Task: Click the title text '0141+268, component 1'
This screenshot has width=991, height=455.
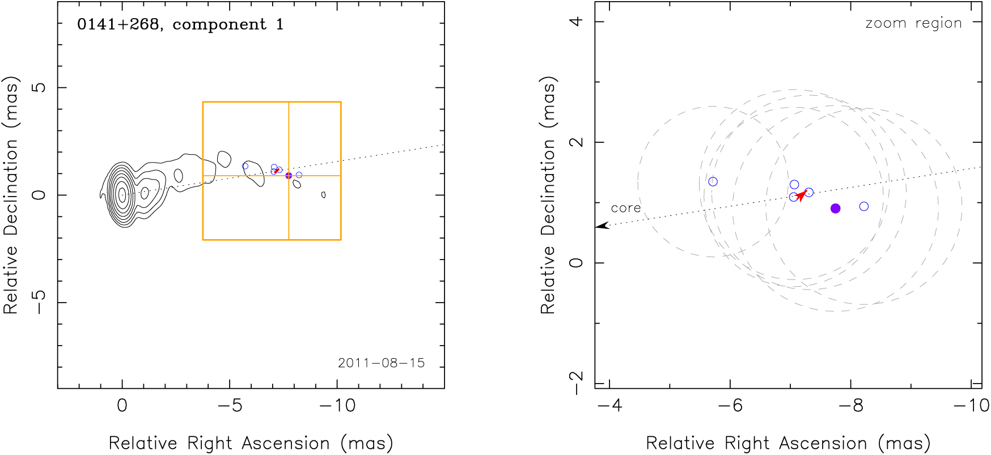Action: pyautogui.click(x=180, y=24)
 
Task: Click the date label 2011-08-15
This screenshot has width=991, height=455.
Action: pyautogui.click(x=381, y=363)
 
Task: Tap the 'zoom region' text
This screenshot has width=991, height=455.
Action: pyautogui.click(x=913, y=23)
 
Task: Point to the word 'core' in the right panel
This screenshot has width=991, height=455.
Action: pyautogui.click(x=625, y=208)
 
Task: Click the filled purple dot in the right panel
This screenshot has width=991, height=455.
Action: pyautogui.click(x=835, y=209)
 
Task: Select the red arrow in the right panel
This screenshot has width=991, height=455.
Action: pyautogui.click(x=801, y=195)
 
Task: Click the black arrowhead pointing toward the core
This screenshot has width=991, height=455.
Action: pyautogui.click(x=602, y=226)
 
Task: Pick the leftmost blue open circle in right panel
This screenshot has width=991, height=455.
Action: pyautogui.click(x=713, y=182)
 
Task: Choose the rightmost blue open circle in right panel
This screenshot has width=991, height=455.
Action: pyautogui.click(x=863, y=206)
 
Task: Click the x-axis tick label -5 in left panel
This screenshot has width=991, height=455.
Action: pyautogui.click(x=230, y=406)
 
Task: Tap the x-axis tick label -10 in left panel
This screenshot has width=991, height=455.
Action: pyautogui.click(x=337, y=406)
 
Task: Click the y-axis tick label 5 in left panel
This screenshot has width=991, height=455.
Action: pyautogui.click(x=39, y=87)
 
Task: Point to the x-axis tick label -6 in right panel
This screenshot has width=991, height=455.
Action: pyautogui.click(x=730, y=406)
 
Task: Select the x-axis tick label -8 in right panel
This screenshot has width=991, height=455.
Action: pyautogui.click(x=850, y=406)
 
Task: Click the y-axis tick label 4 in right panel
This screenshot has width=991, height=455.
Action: pyautogui.click(x=576, y=22)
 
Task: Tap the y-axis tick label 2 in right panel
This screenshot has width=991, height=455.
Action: pyautogui.click(x=576, y=142)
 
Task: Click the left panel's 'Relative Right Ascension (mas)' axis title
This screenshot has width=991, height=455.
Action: pyautogui.click(x=251, y=443)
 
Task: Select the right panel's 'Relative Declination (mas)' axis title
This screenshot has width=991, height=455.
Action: pyautogui.click(x=548, y=195)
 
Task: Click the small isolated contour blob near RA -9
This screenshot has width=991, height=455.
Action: pyautogui.click(x=323, y=195)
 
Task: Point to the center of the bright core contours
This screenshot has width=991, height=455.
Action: pyautogui.click(x=122, y=194)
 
